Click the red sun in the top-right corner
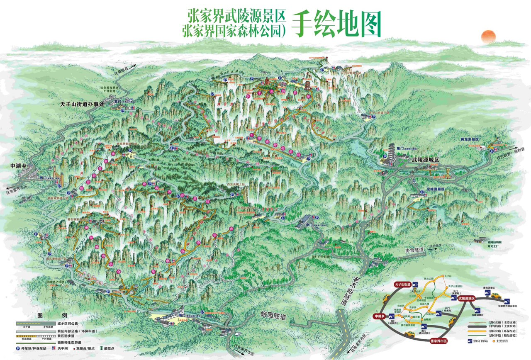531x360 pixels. [488, 36]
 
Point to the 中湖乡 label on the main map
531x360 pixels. [19, 166]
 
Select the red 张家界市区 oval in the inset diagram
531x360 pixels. [436, 341]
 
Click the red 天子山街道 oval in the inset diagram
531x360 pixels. [402, 284]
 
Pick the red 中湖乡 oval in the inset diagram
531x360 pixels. [379, 316]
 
